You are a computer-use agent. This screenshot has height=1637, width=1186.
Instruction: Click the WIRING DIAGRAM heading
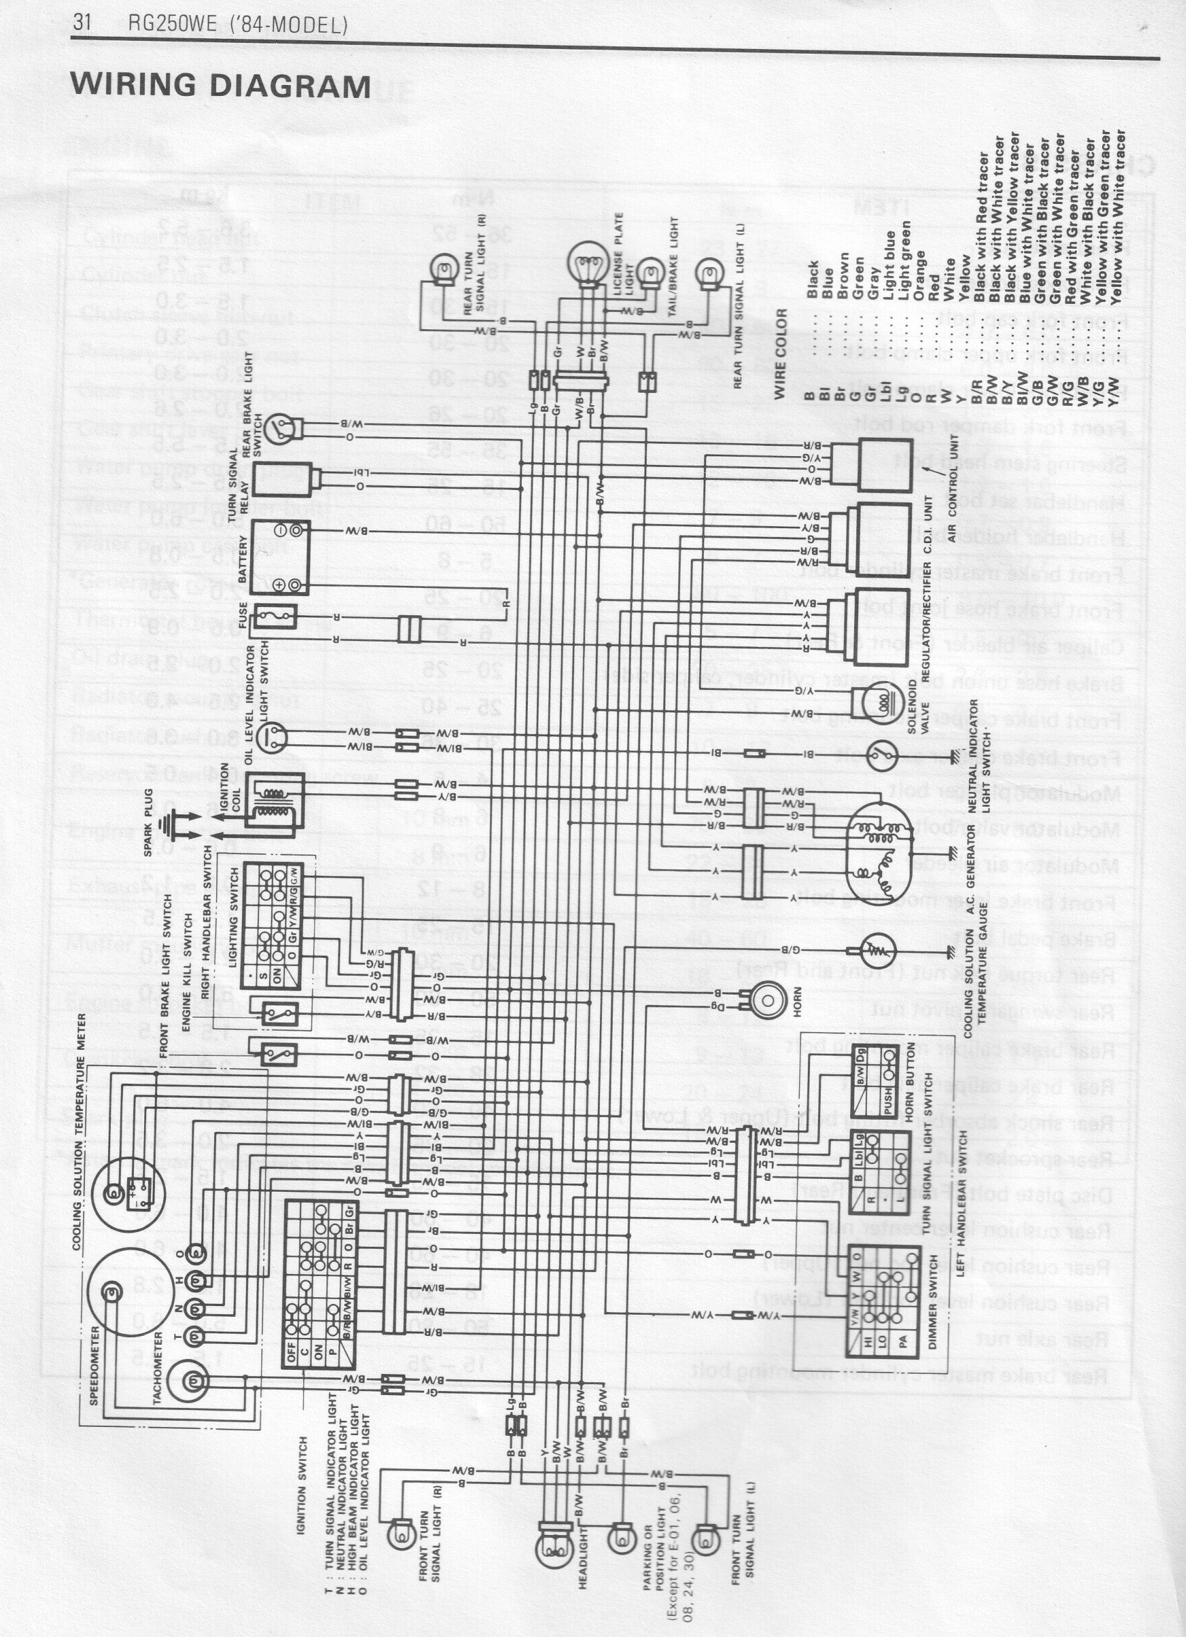click(x=220, y=86)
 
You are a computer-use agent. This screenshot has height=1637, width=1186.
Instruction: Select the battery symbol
click(x=282, y=558)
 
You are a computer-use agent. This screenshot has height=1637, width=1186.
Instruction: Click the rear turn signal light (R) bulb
click(x=443, y=273)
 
